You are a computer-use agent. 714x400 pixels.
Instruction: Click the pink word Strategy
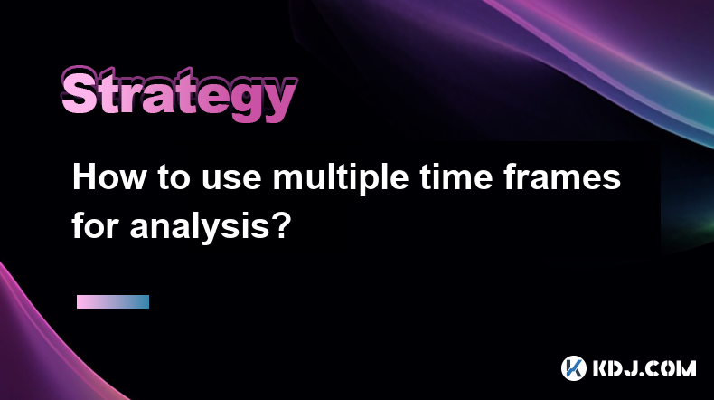tap(179, 93)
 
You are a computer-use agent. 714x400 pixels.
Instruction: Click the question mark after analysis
tap(280, 225)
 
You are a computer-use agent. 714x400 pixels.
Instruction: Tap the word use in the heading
tap(231, 181)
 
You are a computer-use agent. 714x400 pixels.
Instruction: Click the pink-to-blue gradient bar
tap(113, 301)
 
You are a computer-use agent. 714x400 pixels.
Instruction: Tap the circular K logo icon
tap(574, 368)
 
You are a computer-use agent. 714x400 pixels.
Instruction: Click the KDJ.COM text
tap(644, 368)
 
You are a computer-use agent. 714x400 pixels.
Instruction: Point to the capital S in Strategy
tap(80, 91)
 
